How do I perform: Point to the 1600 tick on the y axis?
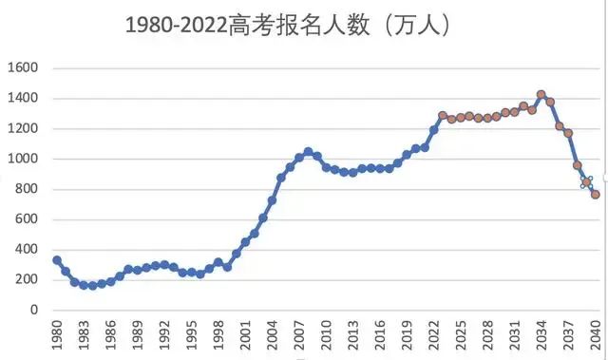24,68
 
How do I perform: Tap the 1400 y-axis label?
24,99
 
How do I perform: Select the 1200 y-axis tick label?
24,129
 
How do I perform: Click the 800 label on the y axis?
26,190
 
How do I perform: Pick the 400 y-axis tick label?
26,250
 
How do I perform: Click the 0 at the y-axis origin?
33,310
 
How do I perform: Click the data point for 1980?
57,260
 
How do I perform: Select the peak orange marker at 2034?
541,95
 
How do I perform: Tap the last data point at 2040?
596,194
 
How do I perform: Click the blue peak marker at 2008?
308,152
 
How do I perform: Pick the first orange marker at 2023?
443,116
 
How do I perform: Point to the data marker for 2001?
245,241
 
